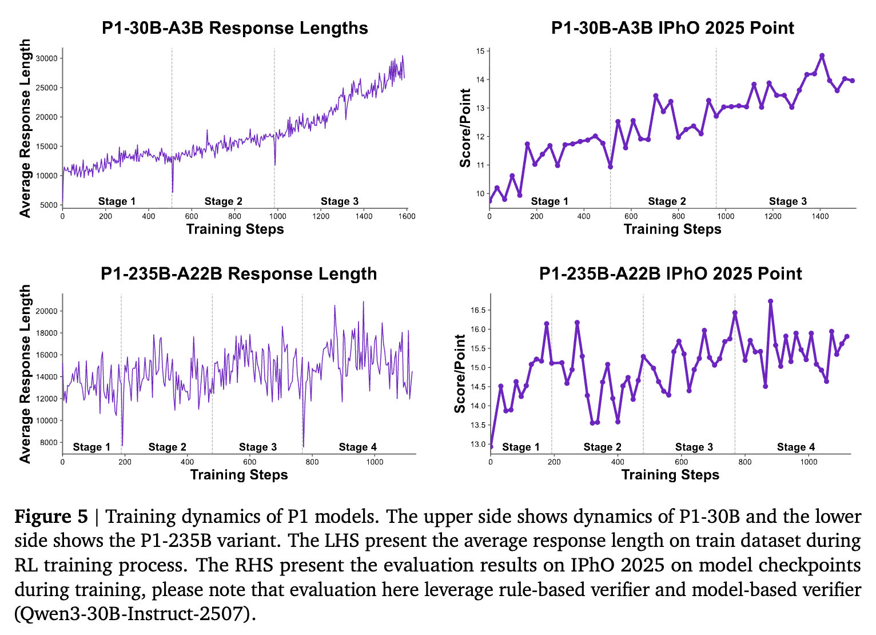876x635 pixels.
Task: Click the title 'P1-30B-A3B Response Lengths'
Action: [x=235, y=28]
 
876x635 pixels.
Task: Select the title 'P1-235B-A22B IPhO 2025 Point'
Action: [x=670, y=273]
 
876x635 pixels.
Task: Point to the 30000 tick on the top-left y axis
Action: [x=46, y=58]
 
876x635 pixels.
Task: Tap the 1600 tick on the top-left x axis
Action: [x=407, y=216]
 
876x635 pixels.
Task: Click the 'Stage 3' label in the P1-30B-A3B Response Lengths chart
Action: [x=340, y=201]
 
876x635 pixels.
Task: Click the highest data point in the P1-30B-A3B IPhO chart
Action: [x=822, y=56]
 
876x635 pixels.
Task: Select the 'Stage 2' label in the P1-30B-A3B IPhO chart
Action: [x=667, y=201]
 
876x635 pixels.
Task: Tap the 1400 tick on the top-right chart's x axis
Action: [x=820, y=216]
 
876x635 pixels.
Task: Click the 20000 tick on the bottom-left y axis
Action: [x=46, y=311]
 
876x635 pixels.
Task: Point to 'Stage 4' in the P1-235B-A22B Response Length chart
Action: [x=358, y=447]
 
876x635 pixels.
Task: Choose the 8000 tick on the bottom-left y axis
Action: [x=48, y=442]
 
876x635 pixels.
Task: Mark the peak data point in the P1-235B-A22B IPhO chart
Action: [x=771, y=301]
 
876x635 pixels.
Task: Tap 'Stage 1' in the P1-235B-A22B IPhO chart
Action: [x=520, y=447]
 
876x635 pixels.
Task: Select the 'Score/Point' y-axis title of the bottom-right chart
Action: [x=460, y=374]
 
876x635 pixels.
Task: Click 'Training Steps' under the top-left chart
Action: [x=235, y=229]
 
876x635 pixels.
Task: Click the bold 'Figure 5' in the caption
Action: [x=51, y=517]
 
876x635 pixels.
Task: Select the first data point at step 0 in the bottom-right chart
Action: [x=491, y=446]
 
